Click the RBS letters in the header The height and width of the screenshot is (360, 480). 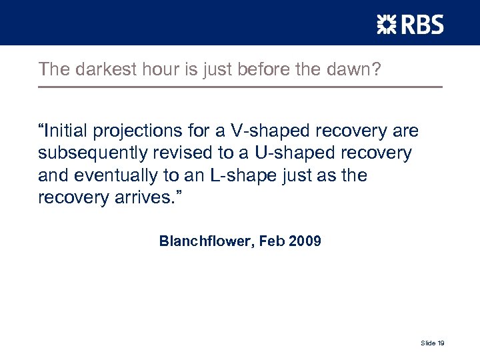pyautogui.click(x=421, y=25)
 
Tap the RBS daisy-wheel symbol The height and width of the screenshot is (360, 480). pyautogui.click(x=387, y=25)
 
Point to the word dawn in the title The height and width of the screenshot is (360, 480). pyautogui.click(x=356, y=69)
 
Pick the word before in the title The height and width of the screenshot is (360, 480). pyautogui.click(x=253, y=69)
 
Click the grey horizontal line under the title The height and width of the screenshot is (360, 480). pyautogui.click(x=240, y=87)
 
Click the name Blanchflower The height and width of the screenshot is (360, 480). pyautogui.click(x=203, y=241)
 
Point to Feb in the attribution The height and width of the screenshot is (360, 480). pyautogui.click(x=272, y=241)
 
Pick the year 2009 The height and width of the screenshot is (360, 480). pyautogui.click(x=305, y=241)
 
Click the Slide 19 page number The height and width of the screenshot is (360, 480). pyautogui.click(x=433, y=343)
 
